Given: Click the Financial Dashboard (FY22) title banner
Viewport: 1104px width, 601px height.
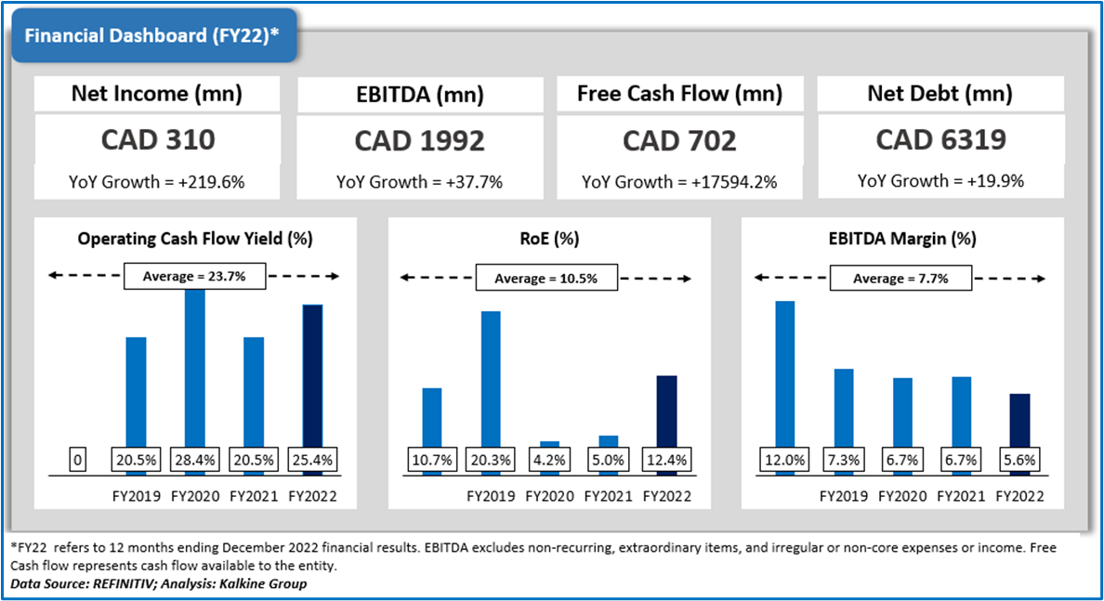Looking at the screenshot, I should (151, 36).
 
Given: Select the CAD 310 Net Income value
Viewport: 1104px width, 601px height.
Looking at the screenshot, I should (157, 140).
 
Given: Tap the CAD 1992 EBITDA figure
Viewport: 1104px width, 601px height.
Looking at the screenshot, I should (419, 140).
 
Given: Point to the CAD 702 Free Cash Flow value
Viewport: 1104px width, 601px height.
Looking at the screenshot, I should (679, 140).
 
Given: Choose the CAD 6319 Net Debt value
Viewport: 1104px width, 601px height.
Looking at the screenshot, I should (940, 139).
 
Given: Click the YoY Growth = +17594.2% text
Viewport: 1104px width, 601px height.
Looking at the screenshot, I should (679, 182).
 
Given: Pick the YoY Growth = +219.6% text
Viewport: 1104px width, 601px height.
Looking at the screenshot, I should (157, 182).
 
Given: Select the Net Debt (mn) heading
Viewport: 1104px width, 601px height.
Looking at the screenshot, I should (940, 94).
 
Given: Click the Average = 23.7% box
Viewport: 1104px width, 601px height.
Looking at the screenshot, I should (195, 276).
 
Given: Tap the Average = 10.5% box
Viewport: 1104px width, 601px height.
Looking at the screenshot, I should (546, 278).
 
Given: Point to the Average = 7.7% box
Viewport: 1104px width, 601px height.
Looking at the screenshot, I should (900, 278).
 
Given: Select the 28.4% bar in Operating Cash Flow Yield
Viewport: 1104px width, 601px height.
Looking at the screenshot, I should (195, 372).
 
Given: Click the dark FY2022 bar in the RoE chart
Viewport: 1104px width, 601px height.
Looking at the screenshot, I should (666, 413).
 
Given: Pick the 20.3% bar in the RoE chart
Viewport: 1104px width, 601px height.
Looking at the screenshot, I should (491, 381).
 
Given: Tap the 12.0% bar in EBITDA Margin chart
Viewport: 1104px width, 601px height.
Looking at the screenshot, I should (785, 376).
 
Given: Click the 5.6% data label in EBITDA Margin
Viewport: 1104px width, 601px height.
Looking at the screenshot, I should (1019, 460).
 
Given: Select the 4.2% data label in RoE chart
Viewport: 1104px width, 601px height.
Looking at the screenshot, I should (549, 460).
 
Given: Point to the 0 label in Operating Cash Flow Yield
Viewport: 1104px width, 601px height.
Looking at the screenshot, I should (78, 460).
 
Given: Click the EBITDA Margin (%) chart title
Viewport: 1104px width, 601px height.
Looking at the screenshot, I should (900, 239).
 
